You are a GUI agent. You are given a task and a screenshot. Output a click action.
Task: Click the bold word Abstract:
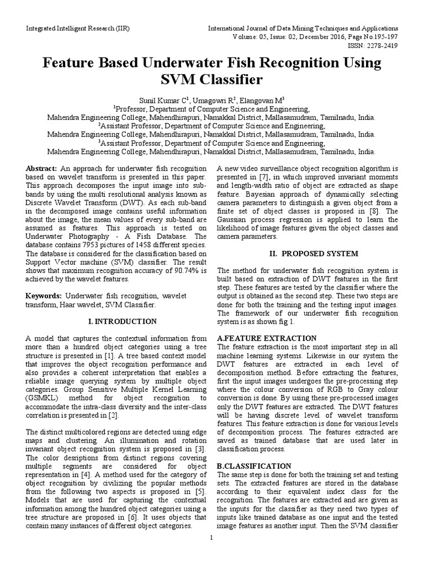coord(41,168)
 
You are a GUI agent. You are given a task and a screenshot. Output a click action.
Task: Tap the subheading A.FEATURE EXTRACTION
coord(267,338)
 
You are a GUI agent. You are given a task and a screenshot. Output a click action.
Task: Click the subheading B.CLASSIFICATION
coord(255,466)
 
